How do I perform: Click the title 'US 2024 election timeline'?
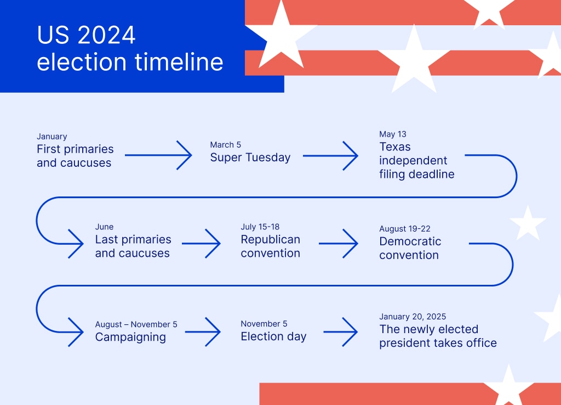[130, 48]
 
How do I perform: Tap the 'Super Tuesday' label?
[250, 157]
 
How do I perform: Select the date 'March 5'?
[225, 145]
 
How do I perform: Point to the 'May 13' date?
[393, 134]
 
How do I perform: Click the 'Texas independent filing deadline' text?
[416, 161]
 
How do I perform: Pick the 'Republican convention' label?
[270, 246]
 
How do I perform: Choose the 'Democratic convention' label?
[410, 248]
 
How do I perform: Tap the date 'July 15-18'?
[260, 227]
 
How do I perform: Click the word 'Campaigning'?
[130, 337]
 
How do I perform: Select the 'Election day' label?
[273, 336]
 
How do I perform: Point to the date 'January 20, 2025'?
[413, 317]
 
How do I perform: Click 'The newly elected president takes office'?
[438, 336]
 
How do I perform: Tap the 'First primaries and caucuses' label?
[75, 156]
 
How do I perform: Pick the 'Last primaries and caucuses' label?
[133, 246]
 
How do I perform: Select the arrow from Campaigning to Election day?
[203, 331]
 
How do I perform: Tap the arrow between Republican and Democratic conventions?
[338, 244]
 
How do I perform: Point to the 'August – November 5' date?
[136, 324]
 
